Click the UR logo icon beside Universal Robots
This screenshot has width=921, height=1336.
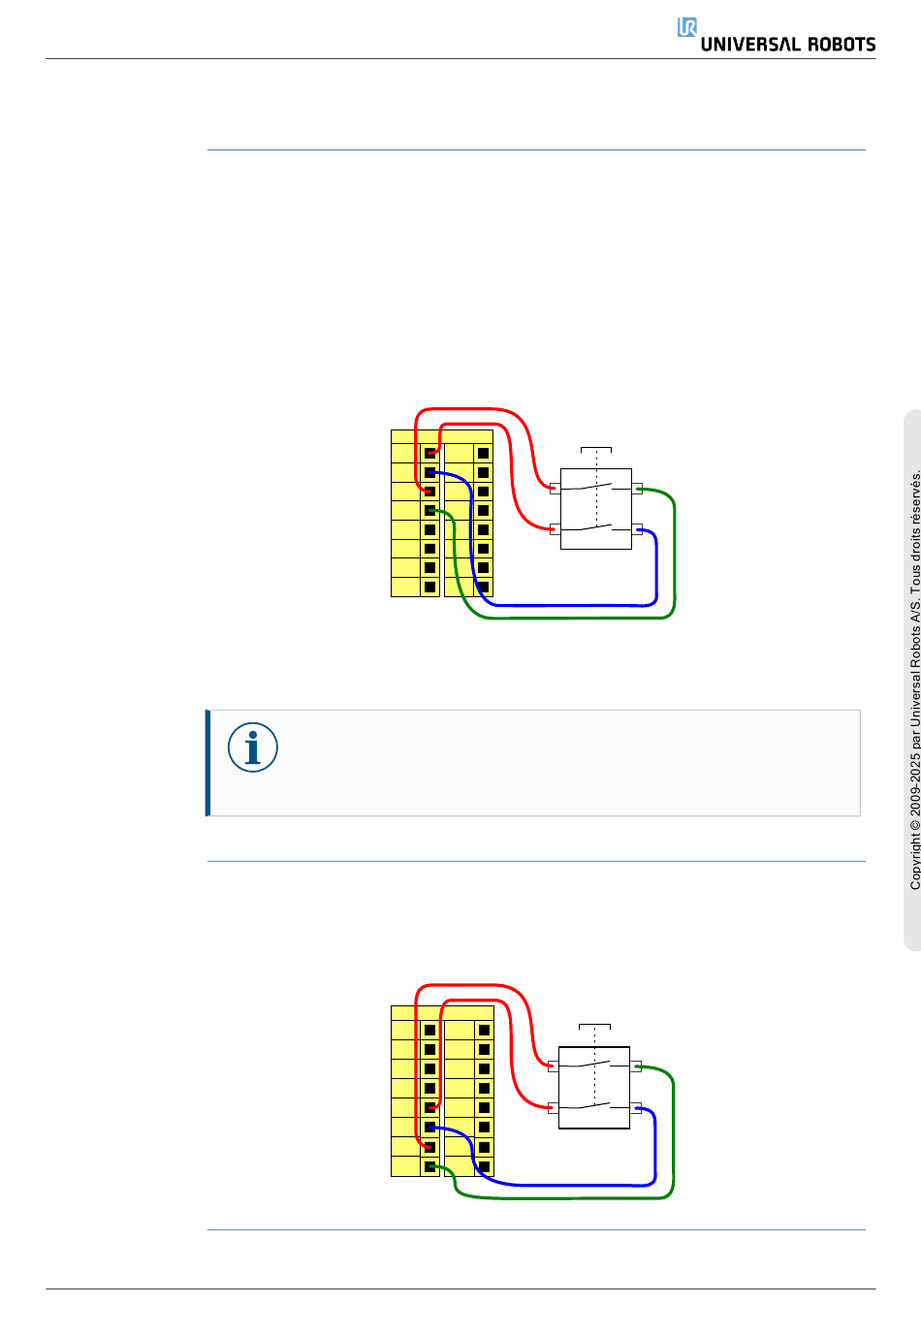click(x=686, y=27)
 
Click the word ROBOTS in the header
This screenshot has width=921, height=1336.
click(x=842, y=45)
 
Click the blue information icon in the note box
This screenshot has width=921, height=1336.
click(x=252, y=748)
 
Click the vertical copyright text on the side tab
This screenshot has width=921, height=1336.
click(x=914, y=680)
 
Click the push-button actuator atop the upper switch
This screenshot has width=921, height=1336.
click(x=596, y=449)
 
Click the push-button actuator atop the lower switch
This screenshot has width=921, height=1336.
click(x=594, y=1027)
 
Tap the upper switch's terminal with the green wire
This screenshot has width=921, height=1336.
click(x=637, y=489)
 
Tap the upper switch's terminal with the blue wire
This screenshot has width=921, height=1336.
click(x=637, y=529)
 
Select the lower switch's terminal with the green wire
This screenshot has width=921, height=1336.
click(x=635, y=1066)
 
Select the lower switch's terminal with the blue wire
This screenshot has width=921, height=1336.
click(x=635, y=1108)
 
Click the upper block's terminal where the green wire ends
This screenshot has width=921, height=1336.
click(x=429, y=511)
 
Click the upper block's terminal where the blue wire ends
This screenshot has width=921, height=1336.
click(x=429, y=472)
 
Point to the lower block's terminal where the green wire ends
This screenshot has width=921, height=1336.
click(x=429, y=1166)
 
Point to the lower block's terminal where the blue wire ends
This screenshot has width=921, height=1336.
click(x=429, y=1128)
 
